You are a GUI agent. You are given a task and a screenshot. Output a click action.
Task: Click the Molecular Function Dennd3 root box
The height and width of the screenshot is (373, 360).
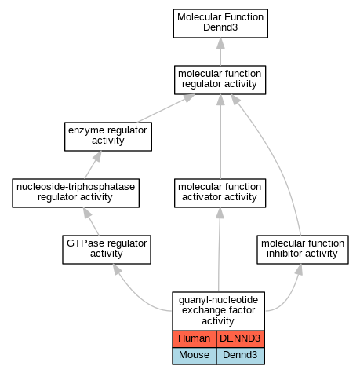click(220, 24)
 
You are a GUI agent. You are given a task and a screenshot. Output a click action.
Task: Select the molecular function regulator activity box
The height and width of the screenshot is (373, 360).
click(220, 80)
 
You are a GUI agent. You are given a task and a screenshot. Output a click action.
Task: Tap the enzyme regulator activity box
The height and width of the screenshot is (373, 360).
click(108, 137)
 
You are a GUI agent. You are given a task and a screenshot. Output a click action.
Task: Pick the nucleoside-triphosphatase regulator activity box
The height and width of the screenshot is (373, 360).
click(75, 193)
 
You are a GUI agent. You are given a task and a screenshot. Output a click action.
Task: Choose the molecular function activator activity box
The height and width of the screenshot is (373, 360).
click(220, 193)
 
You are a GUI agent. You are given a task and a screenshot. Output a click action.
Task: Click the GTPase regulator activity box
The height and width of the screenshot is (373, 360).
click(107, 250)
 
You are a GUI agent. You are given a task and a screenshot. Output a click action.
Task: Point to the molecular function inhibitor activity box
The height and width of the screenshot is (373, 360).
click(303, 250)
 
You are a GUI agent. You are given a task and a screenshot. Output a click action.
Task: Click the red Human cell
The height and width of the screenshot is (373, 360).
click(195, 338)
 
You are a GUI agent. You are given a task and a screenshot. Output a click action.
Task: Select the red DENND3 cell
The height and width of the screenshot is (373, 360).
click(240, 338)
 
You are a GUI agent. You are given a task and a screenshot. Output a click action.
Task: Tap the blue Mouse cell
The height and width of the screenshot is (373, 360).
click(195, 356)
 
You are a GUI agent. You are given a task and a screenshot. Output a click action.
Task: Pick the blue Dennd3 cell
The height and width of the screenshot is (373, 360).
click(240, 356)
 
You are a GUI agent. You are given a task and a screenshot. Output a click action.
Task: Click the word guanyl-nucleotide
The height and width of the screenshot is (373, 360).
click(218, 300)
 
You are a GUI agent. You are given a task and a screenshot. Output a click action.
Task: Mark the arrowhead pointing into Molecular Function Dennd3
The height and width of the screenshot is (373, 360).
click(220, 43)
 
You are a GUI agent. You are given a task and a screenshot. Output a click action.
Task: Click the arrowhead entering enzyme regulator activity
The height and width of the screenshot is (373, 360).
click(97, 156)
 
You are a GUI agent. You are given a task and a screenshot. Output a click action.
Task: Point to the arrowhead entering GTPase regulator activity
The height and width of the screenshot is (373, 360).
click(117, 269)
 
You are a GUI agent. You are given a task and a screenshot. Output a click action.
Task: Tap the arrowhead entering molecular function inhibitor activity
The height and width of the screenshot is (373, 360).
click(299, 269)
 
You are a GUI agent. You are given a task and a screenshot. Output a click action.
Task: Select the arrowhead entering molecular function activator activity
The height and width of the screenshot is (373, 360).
click(220, 213)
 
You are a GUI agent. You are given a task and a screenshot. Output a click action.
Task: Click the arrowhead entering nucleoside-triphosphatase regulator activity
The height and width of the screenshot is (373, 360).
click(87, 213)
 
